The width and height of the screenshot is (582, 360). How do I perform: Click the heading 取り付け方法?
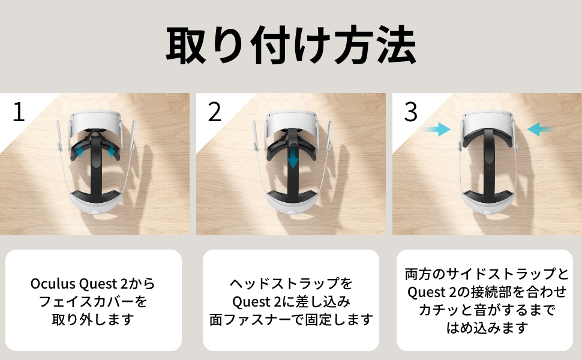pos(291,46)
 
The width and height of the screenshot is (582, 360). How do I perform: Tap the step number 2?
pos(215,112)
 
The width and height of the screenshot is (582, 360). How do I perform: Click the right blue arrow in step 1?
pos(112,152)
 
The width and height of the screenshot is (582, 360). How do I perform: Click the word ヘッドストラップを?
pos(291,282)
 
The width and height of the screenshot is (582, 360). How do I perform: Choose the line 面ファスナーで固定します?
pos(291,319)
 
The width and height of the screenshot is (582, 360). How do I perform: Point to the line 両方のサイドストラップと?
pos(487,274)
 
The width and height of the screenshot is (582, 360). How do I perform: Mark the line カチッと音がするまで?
pos(487,310)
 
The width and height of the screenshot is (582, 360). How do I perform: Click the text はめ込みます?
pos(487,328)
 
